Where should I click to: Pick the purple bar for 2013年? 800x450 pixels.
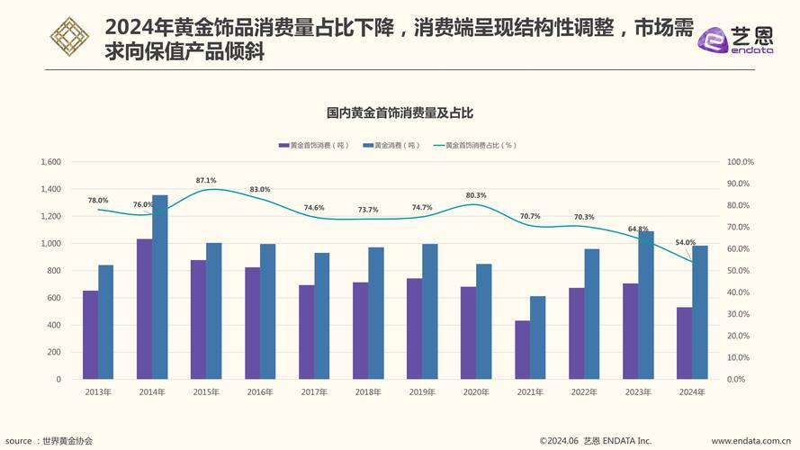click(91, 334)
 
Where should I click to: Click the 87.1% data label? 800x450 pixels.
click(206, 181)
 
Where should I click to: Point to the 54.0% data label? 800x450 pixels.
click(685, 242)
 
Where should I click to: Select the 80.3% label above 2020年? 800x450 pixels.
click(476, 195)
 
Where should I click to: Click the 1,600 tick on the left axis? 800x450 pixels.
click(51, 162)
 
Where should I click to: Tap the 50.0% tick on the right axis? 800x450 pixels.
click(740, 271)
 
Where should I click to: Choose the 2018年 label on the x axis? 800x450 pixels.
click(368, 392)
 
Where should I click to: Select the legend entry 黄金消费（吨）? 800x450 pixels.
click(392, 145)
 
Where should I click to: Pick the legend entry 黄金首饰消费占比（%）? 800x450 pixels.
click(477, 145)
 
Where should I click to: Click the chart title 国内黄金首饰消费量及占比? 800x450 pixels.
click(400, 113)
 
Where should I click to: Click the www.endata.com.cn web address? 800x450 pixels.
click(753, 441)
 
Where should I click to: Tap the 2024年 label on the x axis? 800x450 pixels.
click(692, 392)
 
